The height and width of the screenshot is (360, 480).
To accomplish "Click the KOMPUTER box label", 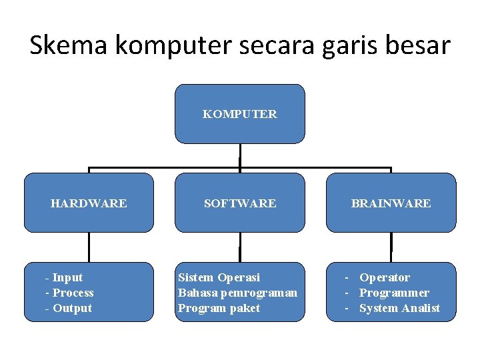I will pos(240,114).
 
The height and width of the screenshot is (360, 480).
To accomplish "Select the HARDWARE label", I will pos(89,203).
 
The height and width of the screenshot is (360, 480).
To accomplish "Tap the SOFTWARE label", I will pos(240,203).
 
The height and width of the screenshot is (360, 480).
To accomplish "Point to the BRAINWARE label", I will pos(391,203).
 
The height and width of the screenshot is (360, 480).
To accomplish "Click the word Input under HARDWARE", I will pos(67,277).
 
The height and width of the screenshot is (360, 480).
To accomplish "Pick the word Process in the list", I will pos(73,293).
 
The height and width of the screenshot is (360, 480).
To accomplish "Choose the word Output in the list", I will pos(72,308).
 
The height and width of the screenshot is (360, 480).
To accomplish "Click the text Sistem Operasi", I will pos(219,277).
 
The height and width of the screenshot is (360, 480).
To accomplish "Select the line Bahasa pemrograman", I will pos(237,293).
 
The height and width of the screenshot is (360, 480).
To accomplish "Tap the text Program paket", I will pos(219,308).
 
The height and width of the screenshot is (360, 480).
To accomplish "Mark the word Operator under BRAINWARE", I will pos(385,277).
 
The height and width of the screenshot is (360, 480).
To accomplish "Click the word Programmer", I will pos(394,293).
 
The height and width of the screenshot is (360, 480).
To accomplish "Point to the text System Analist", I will pos(399,308).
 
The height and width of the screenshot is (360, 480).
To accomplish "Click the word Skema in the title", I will pos(69,45).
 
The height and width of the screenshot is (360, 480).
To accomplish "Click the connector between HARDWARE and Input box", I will pos(89,247).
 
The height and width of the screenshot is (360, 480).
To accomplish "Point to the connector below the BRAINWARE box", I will pos(391,247).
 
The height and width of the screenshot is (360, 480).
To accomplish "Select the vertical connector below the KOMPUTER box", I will pos(240,155).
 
